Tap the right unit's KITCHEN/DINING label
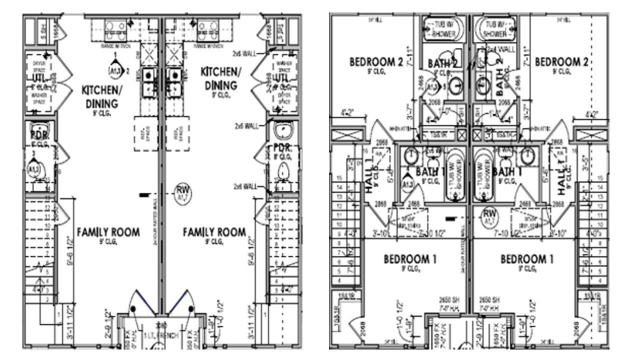click(x=220, y=79)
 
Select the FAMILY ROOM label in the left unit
click(x=108, y=232)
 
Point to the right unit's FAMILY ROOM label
click(x=214, y=232)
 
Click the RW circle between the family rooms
click(x=181, y=191)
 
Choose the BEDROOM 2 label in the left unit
click(x=376, y=62)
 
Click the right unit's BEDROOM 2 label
click(x=560, y=62)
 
